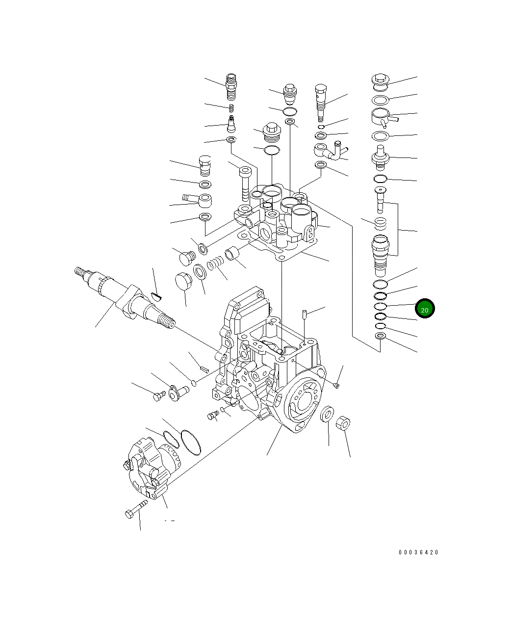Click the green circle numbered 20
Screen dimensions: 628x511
425,309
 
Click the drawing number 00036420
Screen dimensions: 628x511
418,552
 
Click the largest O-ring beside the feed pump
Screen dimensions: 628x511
191,442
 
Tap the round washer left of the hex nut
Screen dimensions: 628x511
327,414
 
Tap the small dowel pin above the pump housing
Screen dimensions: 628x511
304,313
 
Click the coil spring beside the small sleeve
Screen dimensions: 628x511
215,265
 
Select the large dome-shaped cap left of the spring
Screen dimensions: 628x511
182,281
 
